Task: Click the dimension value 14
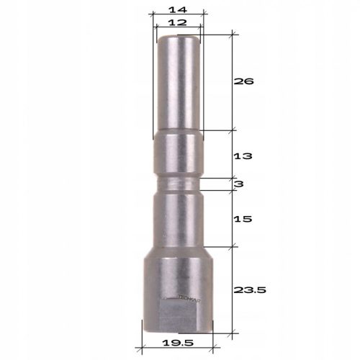[x=179, y=9]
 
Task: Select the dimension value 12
[x=178, y=23]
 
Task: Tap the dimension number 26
[x=245, y=81]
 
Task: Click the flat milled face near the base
[x=180, y=315]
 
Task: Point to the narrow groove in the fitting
[x=179, y=186]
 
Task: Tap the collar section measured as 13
[x=179, y=156]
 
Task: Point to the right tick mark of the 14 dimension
[x=204, y=12]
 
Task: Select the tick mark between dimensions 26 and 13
[x=233, y=130]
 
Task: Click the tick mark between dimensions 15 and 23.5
[x=233, y=246]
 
